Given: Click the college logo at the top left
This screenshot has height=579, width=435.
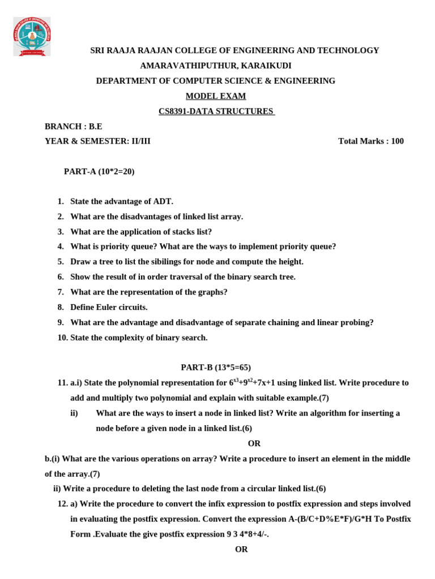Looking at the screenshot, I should point(32,36).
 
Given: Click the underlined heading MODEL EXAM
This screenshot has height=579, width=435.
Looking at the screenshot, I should point(216,96).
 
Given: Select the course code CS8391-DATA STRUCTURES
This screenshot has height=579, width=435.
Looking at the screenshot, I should point(216,111).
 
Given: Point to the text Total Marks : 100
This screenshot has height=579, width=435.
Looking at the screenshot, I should point(371,141).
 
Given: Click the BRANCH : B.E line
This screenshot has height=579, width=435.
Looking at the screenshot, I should point(74,126).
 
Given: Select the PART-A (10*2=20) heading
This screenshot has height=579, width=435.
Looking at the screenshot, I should point(99,171).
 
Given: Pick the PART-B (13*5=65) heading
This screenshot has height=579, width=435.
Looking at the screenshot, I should point(216,368).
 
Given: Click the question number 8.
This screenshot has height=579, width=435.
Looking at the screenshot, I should point(61,307).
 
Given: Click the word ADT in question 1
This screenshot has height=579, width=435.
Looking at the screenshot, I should point(163,201).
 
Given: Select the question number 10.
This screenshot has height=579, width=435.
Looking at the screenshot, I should point(62,338).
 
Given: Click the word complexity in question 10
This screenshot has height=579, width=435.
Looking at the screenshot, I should point(131,338).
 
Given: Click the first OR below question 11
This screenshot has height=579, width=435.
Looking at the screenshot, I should point(254,443).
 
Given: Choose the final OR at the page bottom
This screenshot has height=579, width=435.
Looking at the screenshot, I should point(241,549).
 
